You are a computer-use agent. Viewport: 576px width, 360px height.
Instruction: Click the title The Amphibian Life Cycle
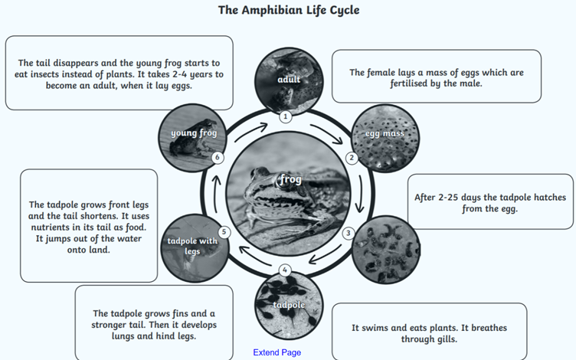click(x=288, y=10)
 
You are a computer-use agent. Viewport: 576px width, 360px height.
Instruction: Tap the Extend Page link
click(x=277, y=352)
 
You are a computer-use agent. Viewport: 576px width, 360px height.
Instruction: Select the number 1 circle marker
click(x=285, y=117)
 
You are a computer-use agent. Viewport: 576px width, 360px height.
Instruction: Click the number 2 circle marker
click(x=352, y=159)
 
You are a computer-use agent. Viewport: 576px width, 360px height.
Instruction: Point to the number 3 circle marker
click(x=348, y=233)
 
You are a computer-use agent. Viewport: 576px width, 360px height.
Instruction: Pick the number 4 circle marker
click(x=285, y=270)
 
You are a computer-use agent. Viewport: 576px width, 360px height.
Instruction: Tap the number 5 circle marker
click(x=224, y=232)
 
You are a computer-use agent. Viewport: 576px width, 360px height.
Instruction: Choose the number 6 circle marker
click(x=218, y=158)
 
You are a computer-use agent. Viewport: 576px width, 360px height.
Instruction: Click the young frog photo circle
click(x=191, y=138)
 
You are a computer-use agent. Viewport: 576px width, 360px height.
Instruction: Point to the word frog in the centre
click(x=291, y=179)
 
